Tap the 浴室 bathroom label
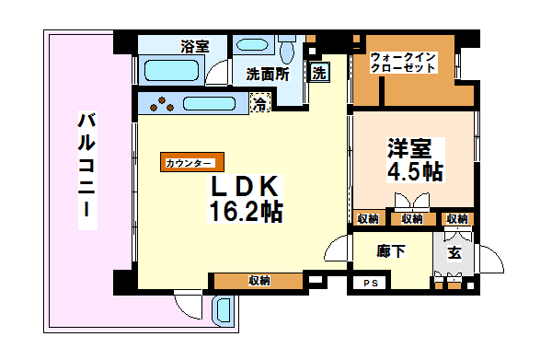(193, 45)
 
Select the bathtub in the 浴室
(173, 71)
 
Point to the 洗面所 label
(268, 75)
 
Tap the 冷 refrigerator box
(261, 105)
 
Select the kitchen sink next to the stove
(212, 105)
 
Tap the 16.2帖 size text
(244, 212)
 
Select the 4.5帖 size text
(413, 171)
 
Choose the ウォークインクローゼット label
(402, 63)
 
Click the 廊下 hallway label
(390, 250)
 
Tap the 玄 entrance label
(454, 251)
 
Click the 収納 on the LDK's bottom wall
(258, 281)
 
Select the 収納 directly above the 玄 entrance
(456, 218)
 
